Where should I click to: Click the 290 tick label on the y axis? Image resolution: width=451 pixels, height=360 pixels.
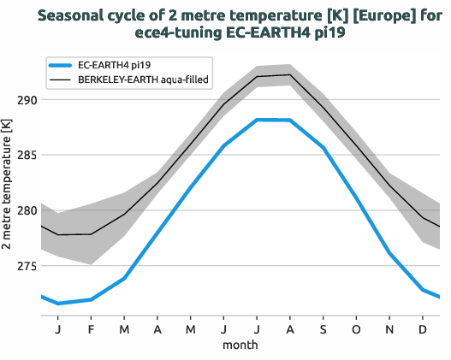[26, 100]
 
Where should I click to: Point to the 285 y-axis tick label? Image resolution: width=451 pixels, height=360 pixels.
[26, 156]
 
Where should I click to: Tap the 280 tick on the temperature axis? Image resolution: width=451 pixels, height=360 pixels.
[26, 210]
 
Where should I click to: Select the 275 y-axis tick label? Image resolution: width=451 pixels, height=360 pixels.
[26, 266]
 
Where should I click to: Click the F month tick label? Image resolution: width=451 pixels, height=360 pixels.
[91, 329]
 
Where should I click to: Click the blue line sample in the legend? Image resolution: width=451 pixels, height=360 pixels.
[61, 65]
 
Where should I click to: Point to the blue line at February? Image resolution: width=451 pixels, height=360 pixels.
[91, 299]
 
